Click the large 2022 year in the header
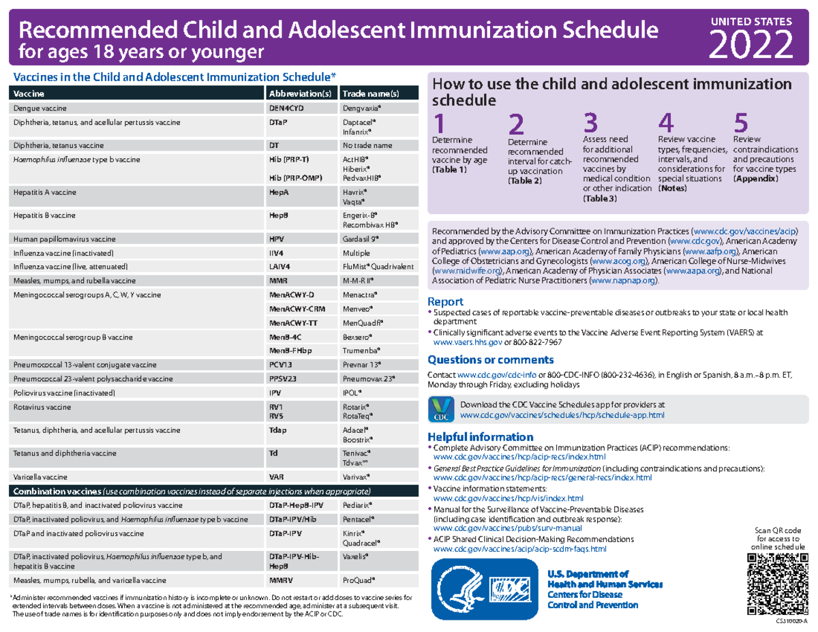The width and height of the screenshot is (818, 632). coord(752,45)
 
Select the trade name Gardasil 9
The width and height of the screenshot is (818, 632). coord(361,239)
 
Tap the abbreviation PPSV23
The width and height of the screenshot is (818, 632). coord(285,378)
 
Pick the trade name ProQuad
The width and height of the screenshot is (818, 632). coord(357,580)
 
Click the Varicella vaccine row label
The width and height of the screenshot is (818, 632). coord(39,477)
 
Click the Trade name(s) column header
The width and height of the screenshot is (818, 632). coord(370,93)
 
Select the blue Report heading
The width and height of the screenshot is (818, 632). coord(445,301)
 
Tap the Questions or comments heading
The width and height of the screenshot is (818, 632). coord(490,360)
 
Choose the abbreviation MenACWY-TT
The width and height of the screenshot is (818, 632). coord(294,322)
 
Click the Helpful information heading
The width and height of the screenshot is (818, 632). coord(480,436)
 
